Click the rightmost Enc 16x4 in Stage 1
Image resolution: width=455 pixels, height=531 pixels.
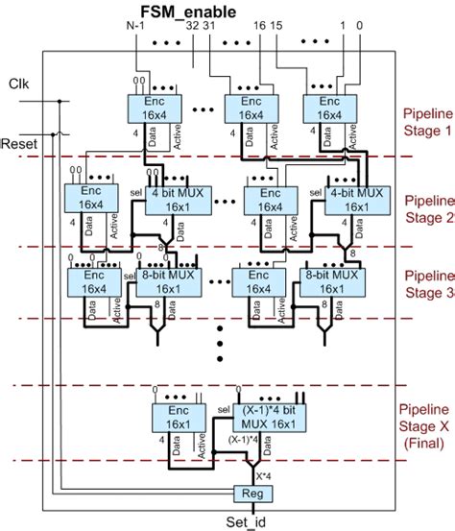(x=329, y=109)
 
